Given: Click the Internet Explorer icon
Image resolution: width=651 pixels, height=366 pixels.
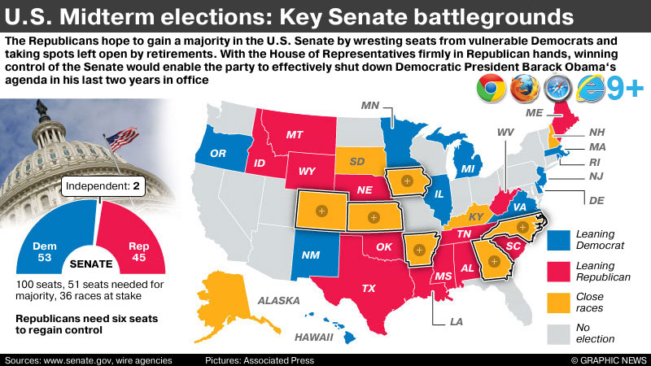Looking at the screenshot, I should pos(592,89).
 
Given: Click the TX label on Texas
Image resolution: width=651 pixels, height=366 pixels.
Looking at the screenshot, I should pos(369,288).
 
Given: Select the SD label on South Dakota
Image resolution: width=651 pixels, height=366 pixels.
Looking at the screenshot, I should pos(357,159).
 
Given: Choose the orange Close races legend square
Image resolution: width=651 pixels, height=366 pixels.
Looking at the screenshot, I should pos(559,303).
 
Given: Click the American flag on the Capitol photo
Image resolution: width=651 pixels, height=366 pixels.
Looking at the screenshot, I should pos(122,139).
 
